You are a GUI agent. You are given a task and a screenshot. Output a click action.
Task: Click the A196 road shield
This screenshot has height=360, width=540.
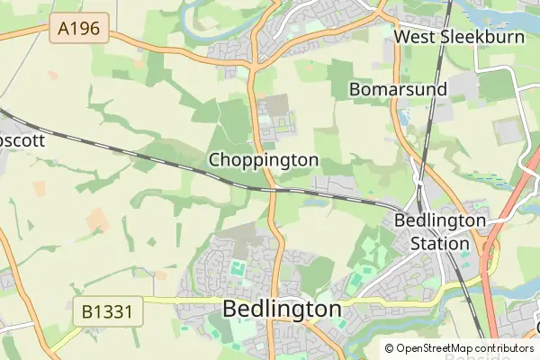point(78,30)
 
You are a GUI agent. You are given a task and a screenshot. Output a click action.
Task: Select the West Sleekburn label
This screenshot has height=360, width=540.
point(446,37)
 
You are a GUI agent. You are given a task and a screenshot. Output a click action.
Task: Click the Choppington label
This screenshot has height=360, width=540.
point(264,159)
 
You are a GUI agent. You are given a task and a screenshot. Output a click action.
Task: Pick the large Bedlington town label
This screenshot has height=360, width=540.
point(282,309)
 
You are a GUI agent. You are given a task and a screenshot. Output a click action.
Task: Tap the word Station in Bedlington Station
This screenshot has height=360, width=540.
point(440,243)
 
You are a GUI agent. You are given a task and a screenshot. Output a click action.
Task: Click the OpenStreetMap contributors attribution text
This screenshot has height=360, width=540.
point(459,348)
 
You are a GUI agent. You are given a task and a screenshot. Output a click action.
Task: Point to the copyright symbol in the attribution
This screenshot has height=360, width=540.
point(389,348)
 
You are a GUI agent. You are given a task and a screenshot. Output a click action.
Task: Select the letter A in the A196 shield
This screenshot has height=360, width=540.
point(63,30)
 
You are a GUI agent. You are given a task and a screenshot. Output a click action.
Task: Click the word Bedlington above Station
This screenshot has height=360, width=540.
point(440,220)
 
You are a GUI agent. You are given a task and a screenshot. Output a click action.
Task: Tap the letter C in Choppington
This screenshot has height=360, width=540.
point(215,159)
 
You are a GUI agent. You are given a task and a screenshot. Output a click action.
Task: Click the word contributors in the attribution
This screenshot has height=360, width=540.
point(500,348)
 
